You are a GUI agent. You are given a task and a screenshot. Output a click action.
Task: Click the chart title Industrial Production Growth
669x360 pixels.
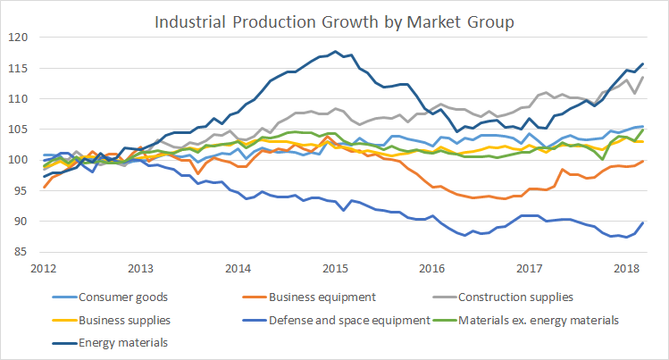pos(334,21)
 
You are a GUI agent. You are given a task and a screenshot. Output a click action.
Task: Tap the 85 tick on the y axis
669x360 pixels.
pos(22,253)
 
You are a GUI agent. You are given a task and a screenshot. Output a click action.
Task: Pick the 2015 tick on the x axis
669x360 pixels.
pos(334,267)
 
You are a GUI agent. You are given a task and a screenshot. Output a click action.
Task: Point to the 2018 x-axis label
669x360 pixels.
pos(625,267)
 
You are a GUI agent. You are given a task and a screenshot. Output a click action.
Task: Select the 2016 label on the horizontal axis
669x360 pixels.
pos(431,267)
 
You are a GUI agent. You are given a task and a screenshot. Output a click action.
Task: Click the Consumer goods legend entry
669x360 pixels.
pos(115,297)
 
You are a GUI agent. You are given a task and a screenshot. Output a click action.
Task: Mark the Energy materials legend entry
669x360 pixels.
pos(116,341)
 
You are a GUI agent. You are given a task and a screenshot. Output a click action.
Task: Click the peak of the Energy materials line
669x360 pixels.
pos(336,51)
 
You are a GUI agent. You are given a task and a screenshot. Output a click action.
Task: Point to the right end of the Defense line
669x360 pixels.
pos(643,222)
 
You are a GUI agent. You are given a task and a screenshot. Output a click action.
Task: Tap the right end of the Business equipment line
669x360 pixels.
pos(643,161)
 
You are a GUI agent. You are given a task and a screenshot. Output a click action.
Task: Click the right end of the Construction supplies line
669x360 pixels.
pos(643,77)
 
